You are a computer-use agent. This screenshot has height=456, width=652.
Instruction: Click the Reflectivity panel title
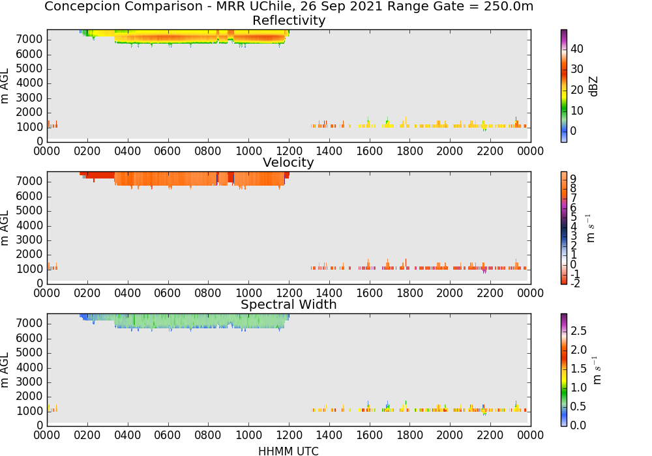pyautogui.click(x=289, y=20)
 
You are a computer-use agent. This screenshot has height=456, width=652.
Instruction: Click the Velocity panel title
pyautogui.click(x=288, y=162)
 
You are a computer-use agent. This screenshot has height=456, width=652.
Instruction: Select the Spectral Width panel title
pyautogui.click(x=289, y=304)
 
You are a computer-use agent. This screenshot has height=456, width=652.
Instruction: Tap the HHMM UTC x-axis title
pyautogui.click(x=288, y=451)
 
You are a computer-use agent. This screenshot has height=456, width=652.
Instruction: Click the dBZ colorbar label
pyautogui.click(x=593, y=87)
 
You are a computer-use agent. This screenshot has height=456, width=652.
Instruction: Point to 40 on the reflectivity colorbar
pyautogui.click(x=577, y=49)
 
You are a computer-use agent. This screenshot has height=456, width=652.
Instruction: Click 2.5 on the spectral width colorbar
pyautogui.click(x=578, y=330)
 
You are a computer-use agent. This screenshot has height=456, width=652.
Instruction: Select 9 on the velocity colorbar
pyautogui.click(x=573, y=178)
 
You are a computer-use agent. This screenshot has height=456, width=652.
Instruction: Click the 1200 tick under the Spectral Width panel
pyautogui.click(x=289, y=435)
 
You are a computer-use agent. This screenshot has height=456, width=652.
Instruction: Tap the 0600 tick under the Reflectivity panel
pyautogui.click(x=168, y=150)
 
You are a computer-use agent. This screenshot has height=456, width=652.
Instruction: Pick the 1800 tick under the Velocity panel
pyautogui.click(x=409, y=292)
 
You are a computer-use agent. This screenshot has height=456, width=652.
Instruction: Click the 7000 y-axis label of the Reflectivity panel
pyautogui.click(x=29, y=40)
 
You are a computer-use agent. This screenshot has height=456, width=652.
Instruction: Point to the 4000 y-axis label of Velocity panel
pyautogui.click(x=29, y=225)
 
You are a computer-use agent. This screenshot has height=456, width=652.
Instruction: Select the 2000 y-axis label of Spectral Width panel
pyautogui.click(x=29, y=397)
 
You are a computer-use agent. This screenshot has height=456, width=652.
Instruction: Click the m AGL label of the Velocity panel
pyautogui.click(x=5, y=228)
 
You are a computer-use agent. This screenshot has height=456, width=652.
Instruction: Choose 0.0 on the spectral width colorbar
pyautogui.click(x=578, y=425)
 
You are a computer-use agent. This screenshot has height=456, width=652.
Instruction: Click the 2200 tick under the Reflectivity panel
pyautogui.click(x=490, y=150)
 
